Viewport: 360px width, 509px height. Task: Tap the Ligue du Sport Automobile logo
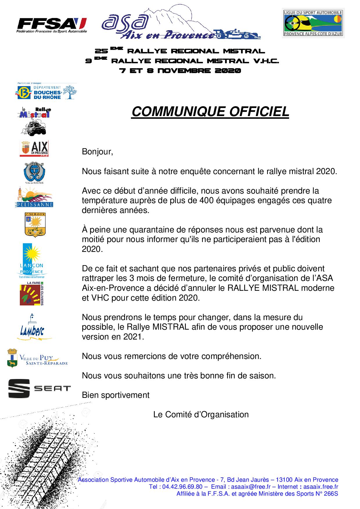313,23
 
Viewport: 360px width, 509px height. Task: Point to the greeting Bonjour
97,152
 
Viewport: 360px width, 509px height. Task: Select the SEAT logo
39,388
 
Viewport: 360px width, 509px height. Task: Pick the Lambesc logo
32,328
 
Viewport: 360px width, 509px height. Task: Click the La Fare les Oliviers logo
31,293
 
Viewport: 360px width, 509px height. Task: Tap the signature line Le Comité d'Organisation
201,414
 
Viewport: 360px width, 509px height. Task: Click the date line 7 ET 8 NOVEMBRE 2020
180,71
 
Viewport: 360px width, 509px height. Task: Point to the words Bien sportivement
116,395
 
